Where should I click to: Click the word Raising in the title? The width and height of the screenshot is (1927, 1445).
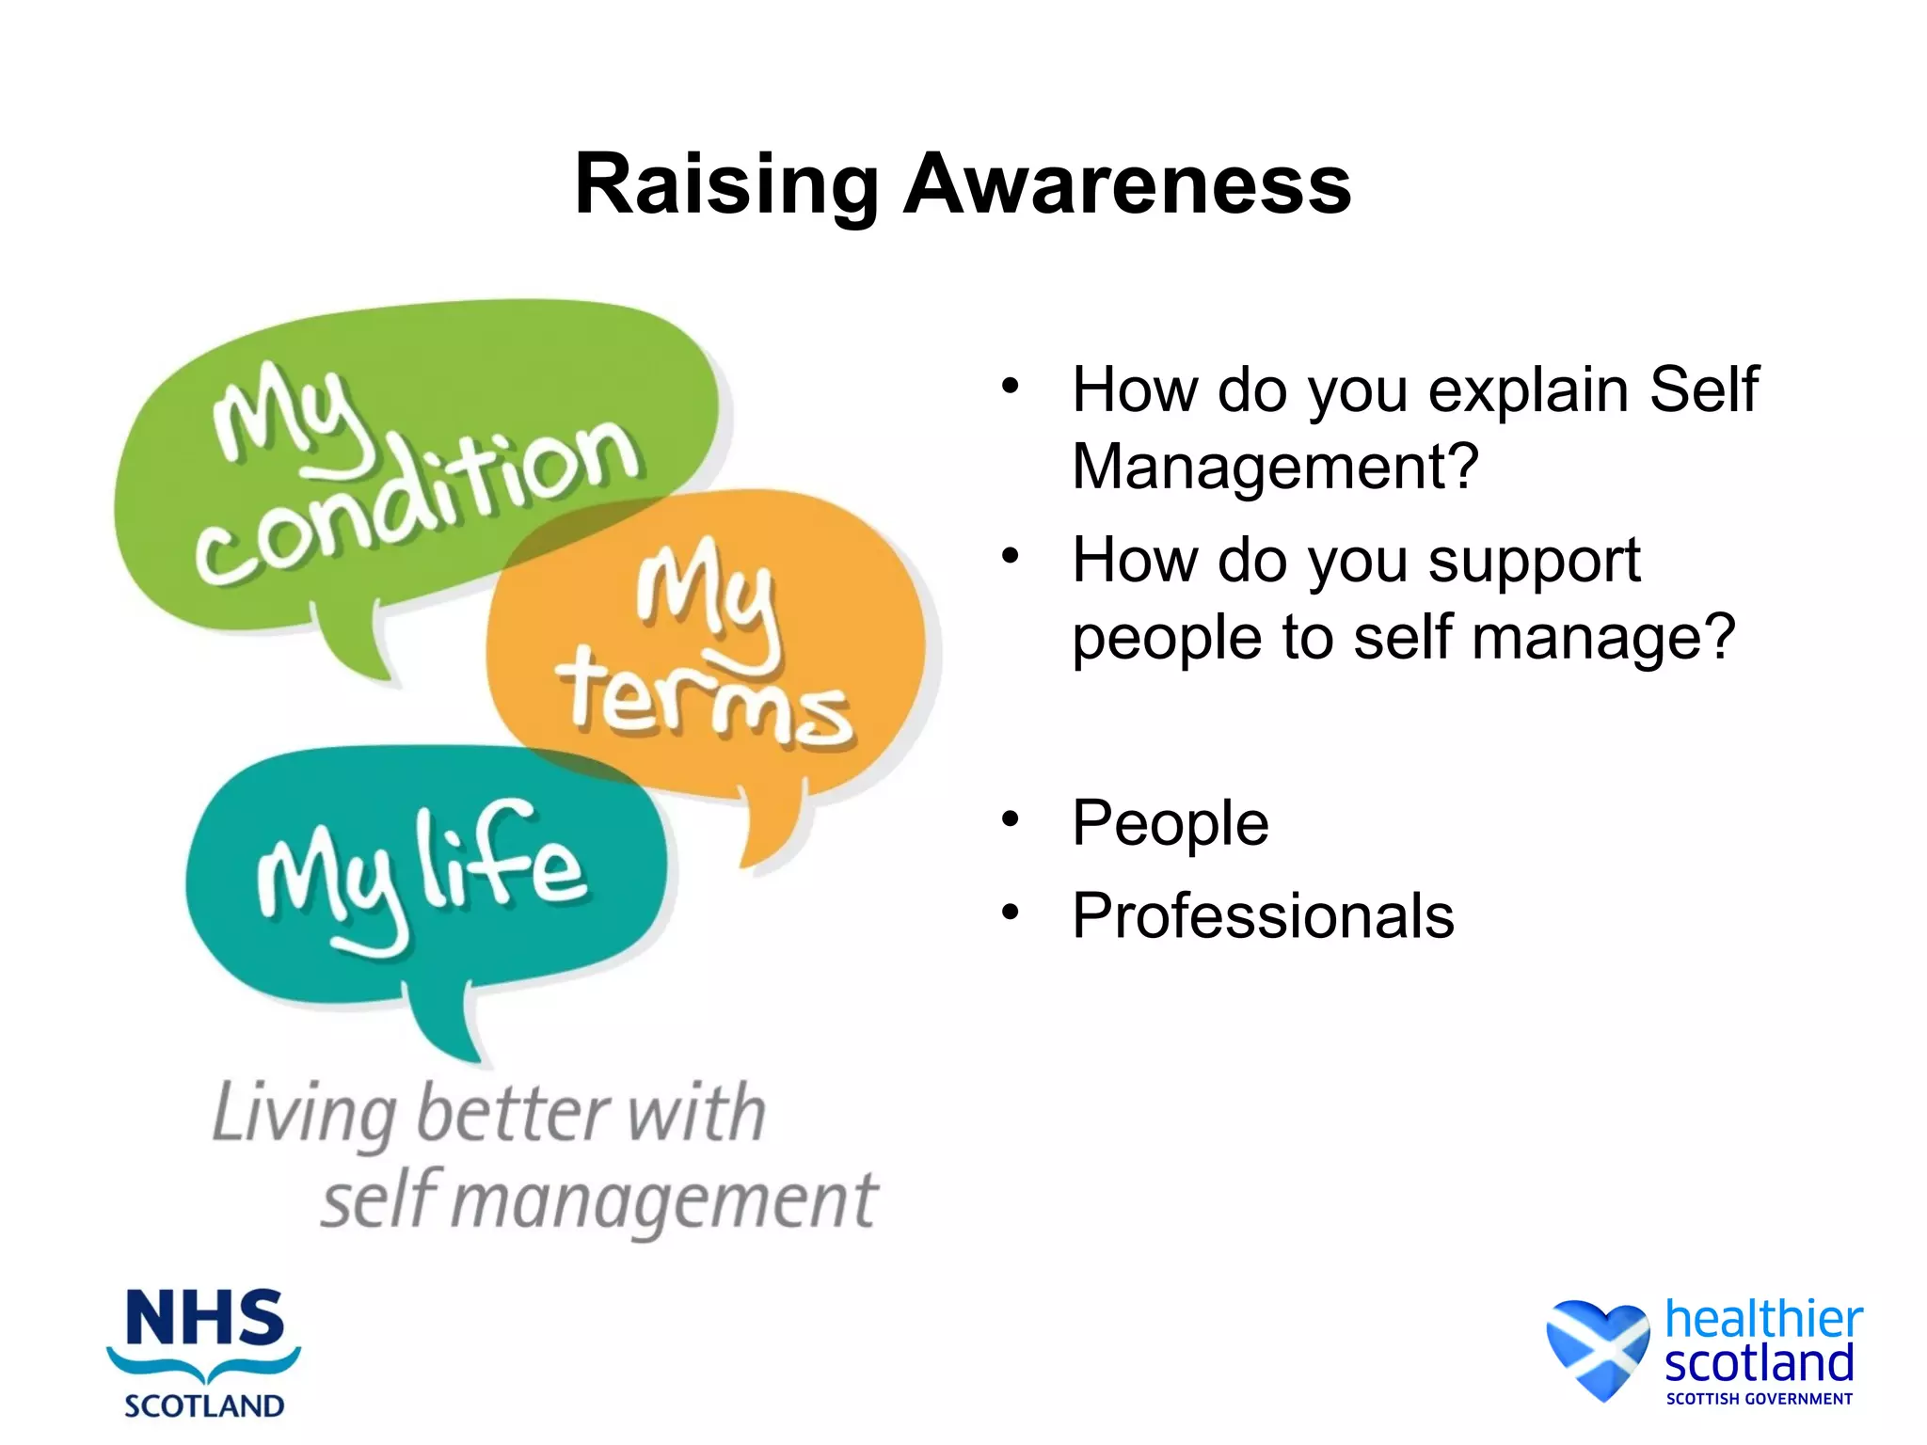click(725, 185)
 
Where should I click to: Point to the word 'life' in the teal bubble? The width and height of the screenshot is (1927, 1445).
click(503, 861)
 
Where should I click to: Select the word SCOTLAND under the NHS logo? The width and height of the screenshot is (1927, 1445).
click(204, 1405)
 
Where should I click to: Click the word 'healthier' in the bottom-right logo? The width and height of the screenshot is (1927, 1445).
click(1763, 1319)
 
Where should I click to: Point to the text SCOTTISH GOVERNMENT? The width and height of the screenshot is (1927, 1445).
click(1759, 1399)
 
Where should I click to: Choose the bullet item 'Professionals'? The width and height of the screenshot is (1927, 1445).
click(1263, 915)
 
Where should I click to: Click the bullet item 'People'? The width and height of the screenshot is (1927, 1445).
click(1171, 823)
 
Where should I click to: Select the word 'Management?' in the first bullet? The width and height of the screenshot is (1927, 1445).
click(1275, 466)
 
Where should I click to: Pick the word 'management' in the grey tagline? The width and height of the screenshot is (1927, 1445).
click(668, 1202)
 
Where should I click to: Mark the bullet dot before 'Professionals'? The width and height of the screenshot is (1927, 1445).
click(1011, 912)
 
